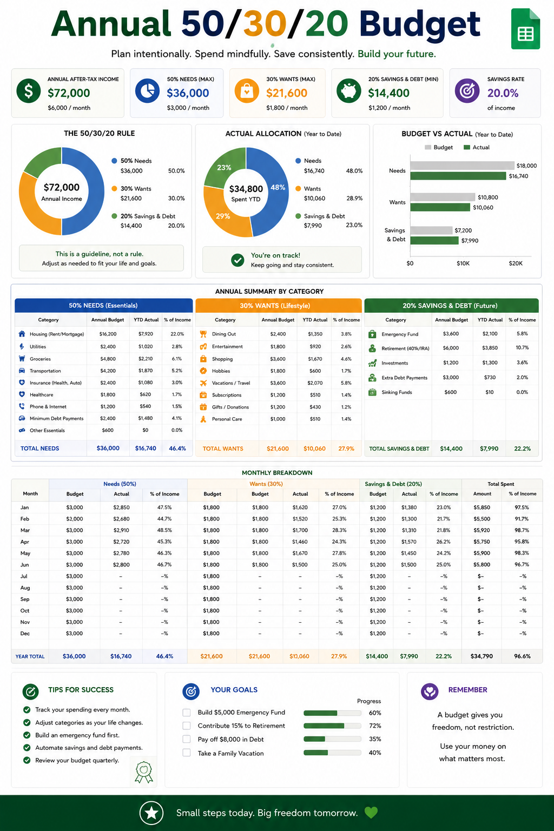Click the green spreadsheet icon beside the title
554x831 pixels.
(x=525, y=29)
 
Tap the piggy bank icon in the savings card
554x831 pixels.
(x=348, y=91)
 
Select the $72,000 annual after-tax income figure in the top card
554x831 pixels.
(x=69, y=93)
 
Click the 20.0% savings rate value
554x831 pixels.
(x=503, y=93)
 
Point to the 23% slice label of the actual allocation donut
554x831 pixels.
(x=224, y=167)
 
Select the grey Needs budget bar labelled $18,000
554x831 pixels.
(x=463, y=166)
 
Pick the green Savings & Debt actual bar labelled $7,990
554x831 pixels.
(x=434, y=240)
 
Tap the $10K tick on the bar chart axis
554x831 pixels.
(x=463, y=263)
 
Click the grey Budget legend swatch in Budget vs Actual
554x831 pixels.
(x=428, y=147)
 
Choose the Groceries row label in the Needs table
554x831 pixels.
(x=40, y=359)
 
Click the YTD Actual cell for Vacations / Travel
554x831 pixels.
(x=315, y=383)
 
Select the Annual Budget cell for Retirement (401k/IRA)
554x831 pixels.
(x=451, y=348)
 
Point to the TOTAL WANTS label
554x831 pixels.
(x=223, y=449)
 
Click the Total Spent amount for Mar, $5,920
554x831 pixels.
(x=482, y=530)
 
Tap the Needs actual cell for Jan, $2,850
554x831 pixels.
(x=121, y=507)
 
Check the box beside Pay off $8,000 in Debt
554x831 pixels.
(x=187, y=739)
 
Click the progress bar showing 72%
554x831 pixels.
(x=332, y=726)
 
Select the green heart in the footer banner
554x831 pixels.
(x=371, y=813)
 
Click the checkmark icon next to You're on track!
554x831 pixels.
(x=238, y=260)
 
